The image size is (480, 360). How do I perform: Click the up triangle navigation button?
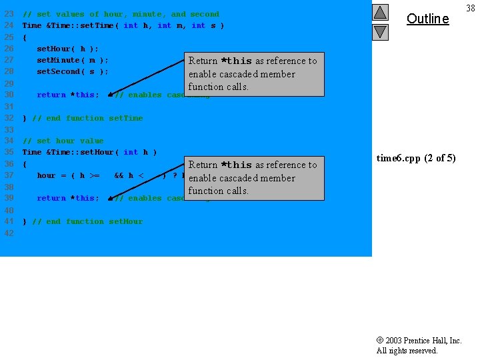click(379, 12)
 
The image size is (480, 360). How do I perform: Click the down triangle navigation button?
click(379, 31)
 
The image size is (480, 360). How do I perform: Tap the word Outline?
click(427, 19)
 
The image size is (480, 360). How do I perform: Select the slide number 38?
click(471, 7)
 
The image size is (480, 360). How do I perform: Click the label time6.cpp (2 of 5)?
click(416, 158)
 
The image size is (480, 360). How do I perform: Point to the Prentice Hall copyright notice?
click(419, 345)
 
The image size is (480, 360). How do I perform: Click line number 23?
click(9, 14)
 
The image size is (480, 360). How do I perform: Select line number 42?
click(9, 233)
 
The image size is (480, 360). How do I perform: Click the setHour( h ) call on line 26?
click(67, 49)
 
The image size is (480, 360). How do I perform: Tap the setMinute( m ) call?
click(72, 60)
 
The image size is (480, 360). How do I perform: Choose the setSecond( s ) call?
click(72, 71)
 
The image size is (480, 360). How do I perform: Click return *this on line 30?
click(67, 95)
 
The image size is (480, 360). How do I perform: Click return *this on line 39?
click(67, 198)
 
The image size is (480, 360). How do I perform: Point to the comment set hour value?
click(63, 141)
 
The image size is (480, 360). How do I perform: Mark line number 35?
click(9, 152)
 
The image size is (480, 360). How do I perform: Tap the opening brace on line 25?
click(25, 37)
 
